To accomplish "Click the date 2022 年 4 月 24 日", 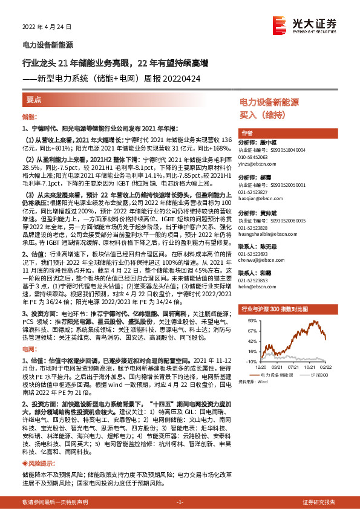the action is (x=47, y=27).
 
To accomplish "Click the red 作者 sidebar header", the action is (x=247, y=134).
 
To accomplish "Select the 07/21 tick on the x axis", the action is (x=295, y=366).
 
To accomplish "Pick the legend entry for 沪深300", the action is (x=320, y=375).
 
